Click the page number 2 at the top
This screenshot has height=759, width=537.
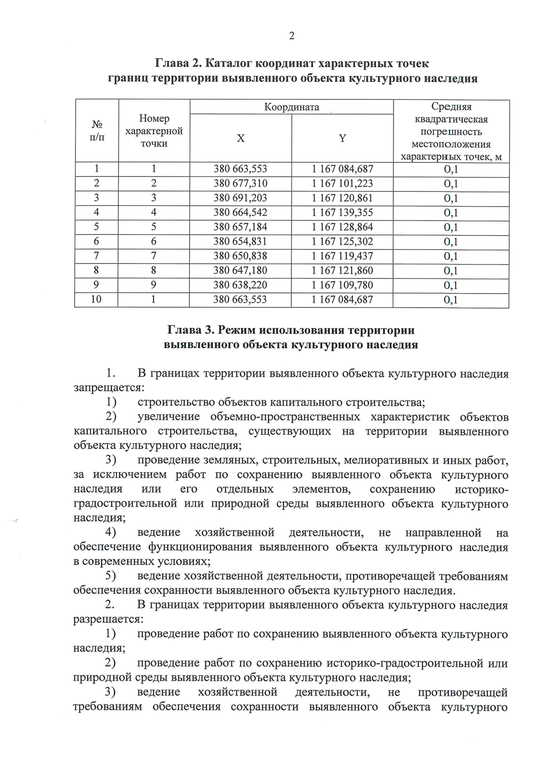pos(292,36)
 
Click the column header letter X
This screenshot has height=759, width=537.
pos(241,138)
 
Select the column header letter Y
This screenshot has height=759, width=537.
pos(342,138)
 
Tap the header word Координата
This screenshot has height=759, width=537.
pos(292,107)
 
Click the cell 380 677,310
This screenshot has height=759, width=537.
pos(240,183)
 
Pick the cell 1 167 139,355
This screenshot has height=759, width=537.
pos(342,212)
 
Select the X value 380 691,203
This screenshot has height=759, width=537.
pos(240,198)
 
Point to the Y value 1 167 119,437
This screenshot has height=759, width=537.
pos(342,256)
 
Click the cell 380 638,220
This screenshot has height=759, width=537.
pos(240,285)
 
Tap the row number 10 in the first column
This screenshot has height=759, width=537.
pos(96,299)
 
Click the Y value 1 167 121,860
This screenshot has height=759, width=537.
pos(342,270)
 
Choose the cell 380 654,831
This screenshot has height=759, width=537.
pos(240,242)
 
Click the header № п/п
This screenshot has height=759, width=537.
pos(97,131)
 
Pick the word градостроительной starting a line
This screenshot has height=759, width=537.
pos(126,504)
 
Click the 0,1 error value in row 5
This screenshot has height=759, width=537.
pos(451,227)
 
